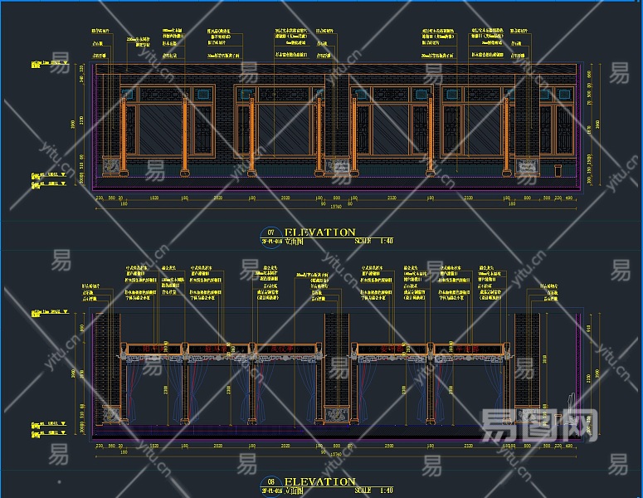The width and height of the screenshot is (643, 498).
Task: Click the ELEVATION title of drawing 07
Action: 319,232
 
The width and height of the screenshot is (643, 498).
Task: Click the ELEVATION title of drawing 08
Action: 319,481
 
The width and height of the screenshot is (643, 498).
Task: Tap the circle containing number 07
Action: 268,233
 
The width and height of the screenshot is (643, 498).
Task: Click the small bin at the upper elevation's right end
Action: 557,170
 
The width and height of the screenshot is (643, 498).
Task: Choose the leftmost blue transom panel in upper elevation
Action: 129,94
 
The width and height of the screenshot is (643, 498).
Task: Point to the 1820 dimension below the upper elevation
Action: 154,198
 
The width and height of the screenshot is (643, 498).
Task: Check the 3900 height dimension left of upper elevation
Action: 73,124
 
